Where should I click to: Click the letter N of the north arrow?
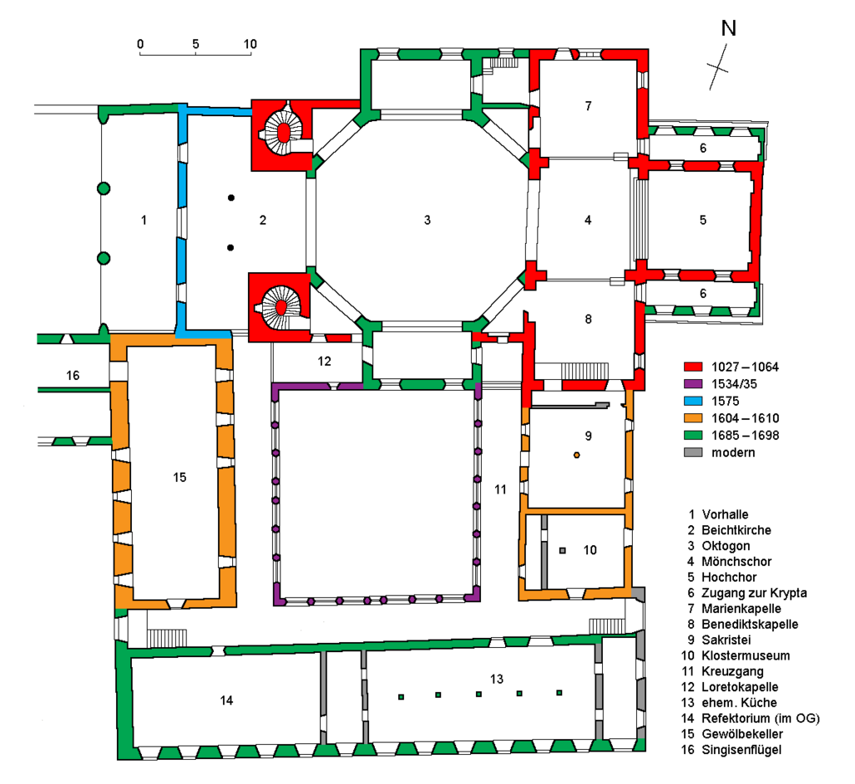(728, 28)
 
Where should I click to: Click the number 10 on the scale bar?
(250, 44)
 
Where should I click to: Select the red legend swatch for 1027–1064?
(693, 367)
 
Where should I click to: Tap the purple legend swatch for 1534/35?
(693, 384)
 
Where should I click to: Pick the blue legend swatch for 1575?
(693, 402)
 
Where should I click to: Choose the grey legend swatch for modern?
(693, 453)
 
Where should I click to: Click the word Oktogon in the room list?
(726, 546)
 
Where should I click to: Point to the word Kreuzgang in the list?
(732, 671)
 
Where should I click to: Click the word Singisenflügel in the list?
(741, 751)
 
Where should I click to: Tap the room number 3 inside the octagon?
(427, 220)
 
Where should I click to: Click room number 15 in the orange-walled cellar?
(180, 478)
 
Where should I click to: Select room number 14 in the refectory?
(226, 700)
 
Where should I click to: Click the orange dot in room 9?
(576, 455)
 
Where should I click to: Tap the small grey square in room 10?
(563, 551)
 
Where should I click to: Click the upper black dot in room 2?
(231, 198)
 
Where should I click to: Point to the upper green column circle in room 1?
(104, 189)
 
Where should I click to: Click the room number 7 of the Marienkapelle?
(588, 106)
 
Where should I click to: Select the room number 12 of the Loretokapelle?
(324, 362)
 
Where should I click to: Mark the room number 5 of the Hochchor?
(703, 220)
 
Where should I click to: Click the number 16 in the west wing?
(73, 376)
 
